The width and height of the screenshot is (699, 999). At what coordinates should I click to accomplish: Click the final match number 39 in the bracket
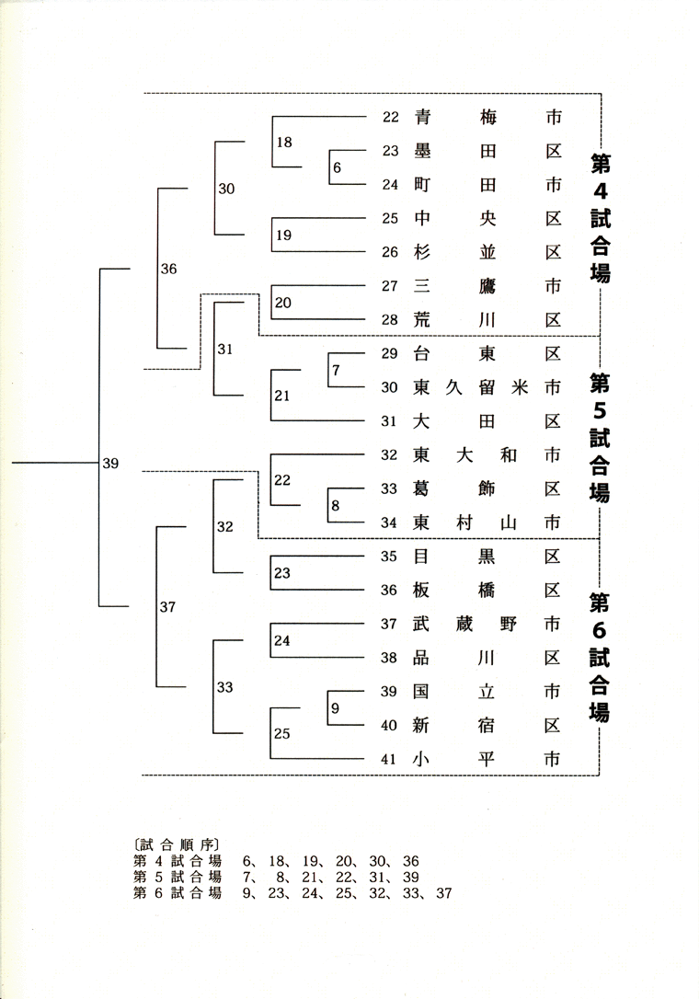(111, 464)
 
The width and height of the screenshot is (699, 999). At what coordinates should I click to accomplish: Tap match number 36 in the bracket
(169, 269)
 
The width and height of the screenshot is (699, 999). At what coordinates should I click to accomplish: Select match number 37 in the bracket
(167, 607)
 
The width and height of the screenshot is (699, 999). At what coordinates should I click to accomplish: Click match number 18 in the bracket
(284, 142)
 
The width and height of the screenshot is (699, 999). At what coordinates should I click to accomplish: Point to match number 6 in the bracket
(337, 167)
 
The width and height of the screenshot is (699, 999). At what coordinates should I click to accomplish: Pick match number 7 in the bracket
(336, 370)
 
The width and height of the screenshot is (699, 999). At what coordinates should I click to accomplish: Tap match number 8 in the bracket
(335, 506)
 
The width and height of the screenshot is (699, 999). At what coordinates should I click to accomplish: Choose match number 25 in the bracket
(282, 733)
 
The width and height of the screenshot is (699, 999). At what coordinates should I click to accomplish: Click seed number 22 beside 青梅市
(391, 117)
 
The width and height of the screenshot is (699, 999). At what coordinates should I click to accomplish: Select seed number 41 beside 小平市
(389, 760)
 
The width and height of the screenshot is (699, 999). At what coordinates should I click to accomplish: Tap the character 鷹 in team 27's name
(487, 286)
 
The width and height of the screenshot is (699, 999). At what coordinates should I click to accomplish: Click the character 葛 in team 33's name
(421, 488)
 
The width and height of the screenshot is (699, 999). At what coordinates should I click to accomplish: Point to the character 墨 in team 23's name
(422, 151)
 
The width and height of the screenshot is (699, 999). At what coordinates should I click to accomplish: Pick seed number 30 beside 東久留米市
(389, 387)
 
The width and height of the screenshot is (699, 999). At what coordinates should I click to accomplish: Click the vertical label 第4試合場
(601, 218)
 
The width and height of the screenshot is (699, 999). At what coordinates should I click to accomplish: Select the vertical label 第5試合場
(600, 437)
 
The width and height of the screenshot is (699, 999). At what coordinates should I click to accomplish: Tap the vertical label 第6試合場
(599, 657)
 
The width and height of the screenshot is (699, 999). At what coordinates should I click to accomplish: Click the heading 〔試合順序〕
(177, 845)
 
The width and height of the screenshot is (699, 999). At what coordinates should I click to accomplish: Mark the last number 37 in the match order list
(444, 893)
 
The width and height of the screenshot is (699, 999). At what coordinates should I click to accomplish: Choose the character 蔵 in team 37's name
(464, 624)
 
